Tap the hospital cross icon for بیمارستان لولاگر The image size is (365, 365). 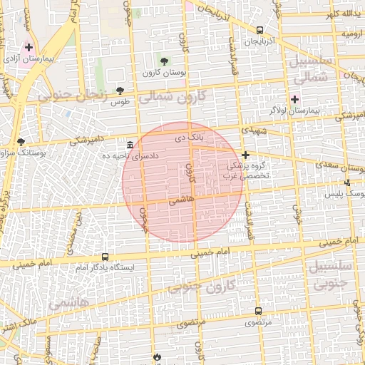294,98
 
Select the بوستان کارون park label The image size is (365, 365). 164,73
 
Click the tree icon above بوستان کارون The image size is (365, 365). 165,61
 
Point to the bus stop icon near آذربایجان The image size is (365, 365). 259,31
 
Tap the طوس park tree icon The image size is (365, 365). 119,91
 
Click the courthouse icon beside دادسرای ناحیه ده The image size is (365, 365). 129,144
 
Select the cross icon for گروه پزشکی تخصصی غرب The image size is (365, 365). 245,155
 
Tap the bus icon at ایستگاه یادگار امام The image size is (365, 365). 105,257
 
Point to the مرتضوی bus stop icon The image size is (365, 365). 258,312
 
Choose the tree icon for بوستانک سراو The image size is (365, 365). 21,142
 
